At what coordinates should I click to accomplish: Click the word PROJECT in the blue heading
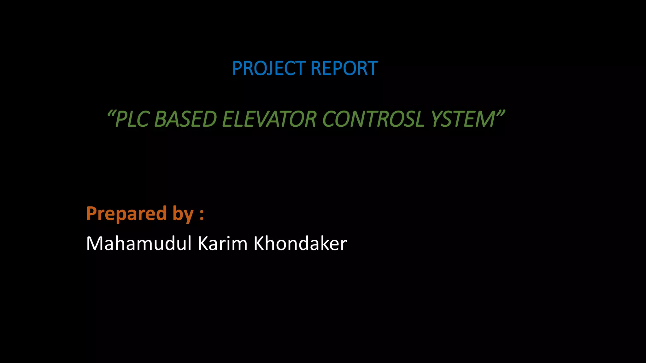click(269, 68)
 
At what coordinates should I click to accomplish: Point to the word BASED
click(185, 119)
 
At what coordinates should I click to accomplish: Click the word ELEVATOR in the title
click(269, 119)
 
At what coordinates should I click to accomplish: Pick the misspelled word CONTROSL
click(373, 119)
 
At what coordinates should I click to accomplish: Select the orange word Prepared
click(126, 214)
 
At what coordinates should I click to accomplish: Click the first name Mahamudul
click(139, 244)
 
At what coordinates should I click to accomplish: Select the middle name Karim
click(222, 244)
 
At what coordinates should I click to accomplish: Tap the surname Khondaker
click(300, 244)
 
